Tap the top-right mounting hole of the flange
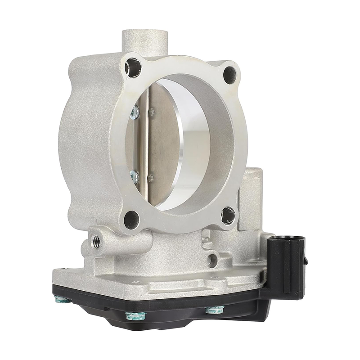coord(230,72)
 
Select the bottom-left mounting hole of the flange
coord(131,219)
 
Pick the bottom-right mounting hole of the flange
coord(228,215)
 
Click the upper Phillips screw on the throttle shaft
coord(134,113)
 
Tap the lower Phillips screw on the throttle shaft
coord(134,175)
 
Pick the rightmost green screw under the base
coord(215,310)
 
